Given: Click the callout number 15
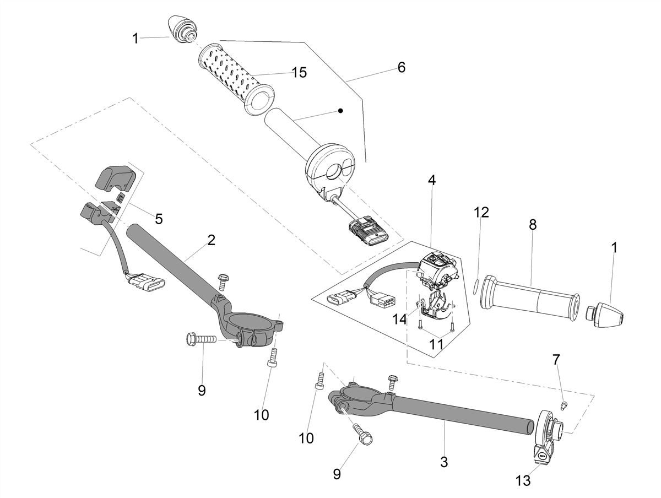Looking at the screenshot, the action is (x=299, y=73).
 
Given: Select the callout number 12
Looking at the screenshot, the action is (x=481, y=212).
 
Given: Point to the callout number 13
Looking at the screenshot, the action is (x=523, y=480).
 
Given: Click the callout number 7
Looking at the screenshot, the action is (x=556, y=360).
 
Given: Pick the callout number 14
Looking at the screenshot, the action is (x=399, y=319).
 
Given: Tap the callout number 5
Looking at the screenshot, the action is (x=159, y=219).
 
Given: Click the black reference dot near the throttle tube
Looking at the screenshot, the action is (x=340, y=111).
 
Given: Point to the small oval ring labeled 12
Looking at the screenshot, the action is (x=476, y=286).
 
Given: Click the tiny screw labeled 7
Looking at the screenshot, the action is (x=563, y=405).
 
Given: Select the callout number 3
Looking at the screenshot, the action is (x=444, y=462).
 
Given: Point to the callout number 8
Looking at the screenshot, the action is (x=533, y=225).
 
